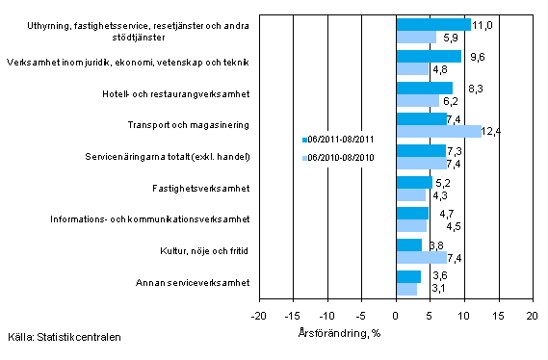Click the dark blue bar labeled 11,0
(433, 25)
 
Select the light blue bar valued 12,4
(438, 131)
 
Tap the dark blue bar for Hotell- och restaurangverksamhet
(424, 88)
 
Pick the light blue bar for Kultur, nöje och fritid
(421, 257)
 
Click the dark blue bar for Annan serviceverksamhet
(408, 276)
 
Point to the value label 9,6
(475, 57)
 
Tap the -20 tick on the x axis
(259, 315)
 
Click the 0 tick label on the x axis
(396, 315)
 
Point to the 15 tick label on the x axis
(498, 315)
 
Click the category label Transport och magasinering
(190, 125)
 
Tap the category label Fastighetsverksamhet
(204, 188)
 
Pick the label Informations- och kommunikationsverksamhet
(149, 219)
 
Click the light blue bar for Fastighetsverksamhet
(410, 194)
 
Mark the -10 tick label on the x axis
(327, 315)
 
